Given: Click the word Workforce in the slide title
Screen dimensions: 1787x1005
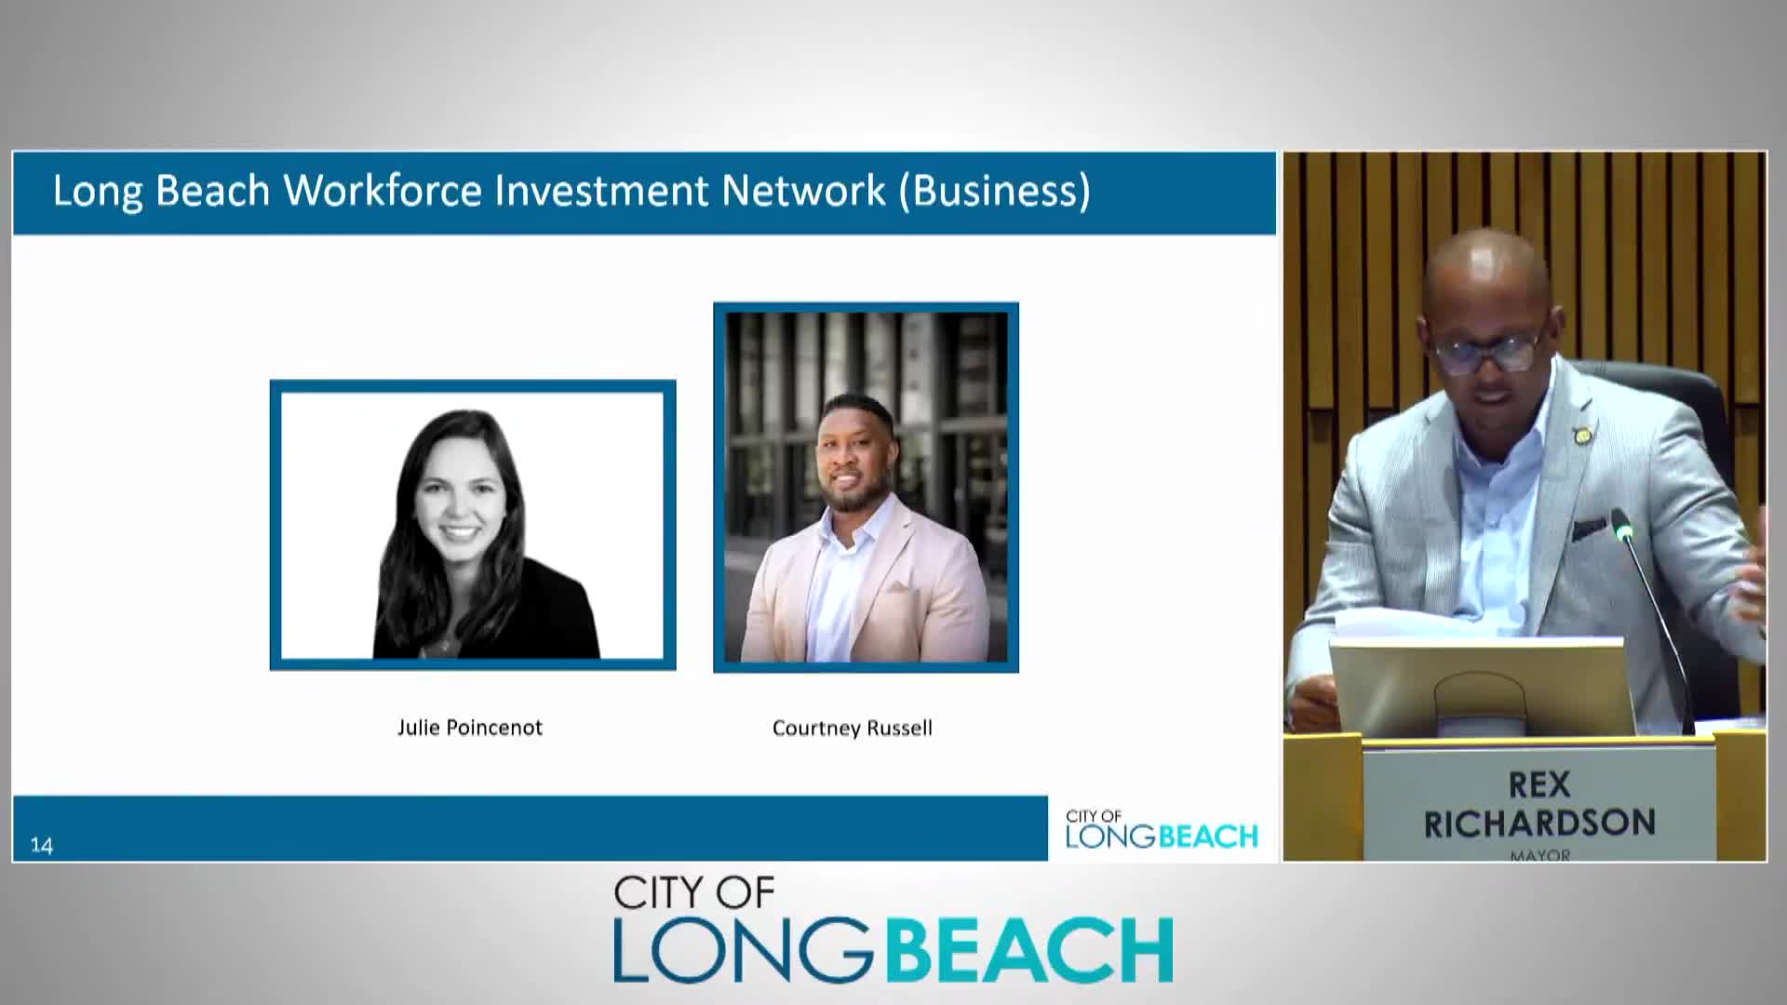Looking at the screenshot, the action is point(383,190).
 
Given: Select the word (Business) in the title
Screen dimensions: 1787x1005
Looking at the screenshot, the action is point(994,191).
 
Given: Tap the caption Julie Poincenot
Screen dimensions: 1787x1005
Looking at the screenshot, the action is point(469,728).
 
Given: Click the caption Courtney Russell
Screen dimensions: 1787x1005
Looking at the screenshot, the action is point(852,728).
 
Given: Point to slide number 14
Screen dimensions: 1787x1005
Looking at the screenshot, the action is point(42,845).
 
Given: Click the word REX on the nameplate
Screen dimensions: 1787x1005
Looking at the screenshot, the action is point(1539,784).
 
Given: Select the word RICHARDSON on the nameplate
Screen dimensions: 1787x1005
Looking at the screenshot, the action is point(1539,823).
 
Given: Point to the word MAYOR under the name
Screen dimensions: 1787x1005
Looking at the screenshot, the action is point(1540,854).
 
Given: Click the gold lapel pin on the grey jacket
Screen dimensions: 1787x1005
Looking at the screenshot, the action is point(1580,435).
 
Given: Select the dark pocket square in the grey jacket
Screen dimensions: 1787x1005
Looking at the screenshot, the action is point(1590,529).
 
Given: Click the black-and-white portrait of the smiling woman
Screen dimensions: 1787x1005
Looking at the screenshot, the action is point(473,525).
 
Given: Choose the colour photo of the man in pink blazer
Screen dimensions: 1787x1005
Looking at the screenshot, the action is point(866,487).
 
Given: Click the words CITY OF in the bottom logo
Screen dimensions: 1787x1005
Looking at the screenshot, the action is point(693,893).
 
